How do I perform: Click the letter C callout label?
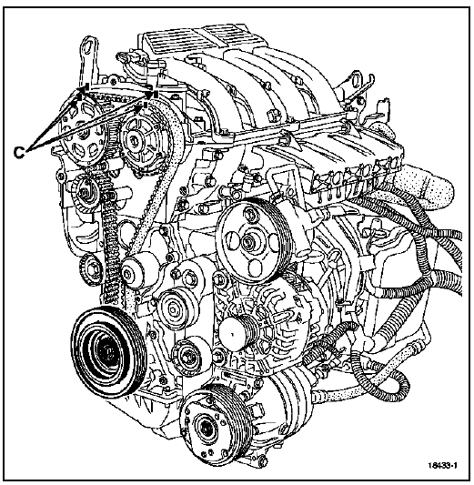(x=19, y=152)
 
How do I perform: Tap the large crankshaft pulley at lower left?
(x=108, y=351)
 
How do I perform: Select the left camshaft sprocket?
(x=84, y=130)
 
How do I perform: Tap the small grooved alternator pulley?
(x=239, y=333)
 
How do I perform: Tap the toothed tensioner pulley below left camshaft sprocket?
(x=86, y=193)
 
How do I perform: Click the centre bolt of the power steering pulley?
(x=248, y=241)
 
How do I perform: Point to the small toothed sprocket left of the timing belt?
(x=90, y=270)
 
